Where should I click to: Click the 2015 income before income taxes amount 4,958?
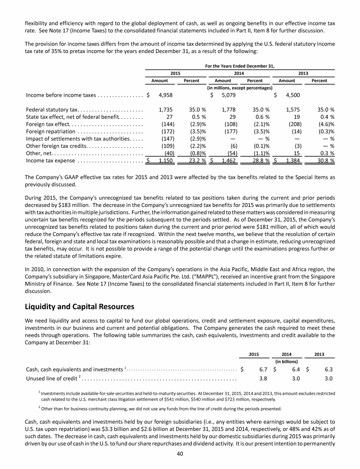pyautogui.click(x=163, y=95)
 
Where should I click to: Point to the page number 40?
pyautogui.click(x=180, y=453)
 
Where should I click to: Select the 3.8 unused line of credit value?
pyautogui.click(x=263, y=378)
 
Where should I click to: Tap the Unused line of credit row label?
pyautogui.click(x=52, y=378)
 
